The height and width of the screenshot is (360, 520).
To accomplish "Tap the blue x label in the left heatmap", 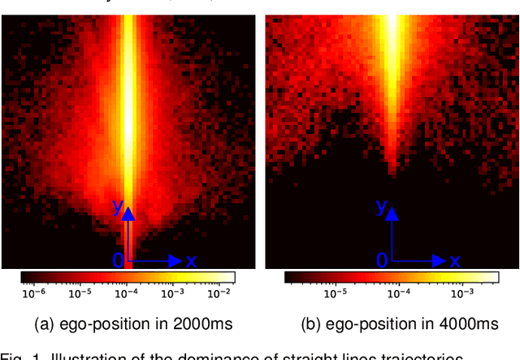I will [192, 261].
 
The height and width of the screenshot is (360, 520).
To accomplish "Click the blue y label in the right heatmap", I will [381, 208].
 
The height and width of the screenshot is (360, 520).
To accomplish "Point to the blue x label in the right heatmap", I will [456, 261].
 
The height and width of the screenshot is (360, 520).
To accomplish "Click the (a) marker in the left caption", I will [44, 324].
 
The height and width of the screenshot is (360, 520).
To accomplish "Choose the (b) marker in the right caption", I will [310, 324].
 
